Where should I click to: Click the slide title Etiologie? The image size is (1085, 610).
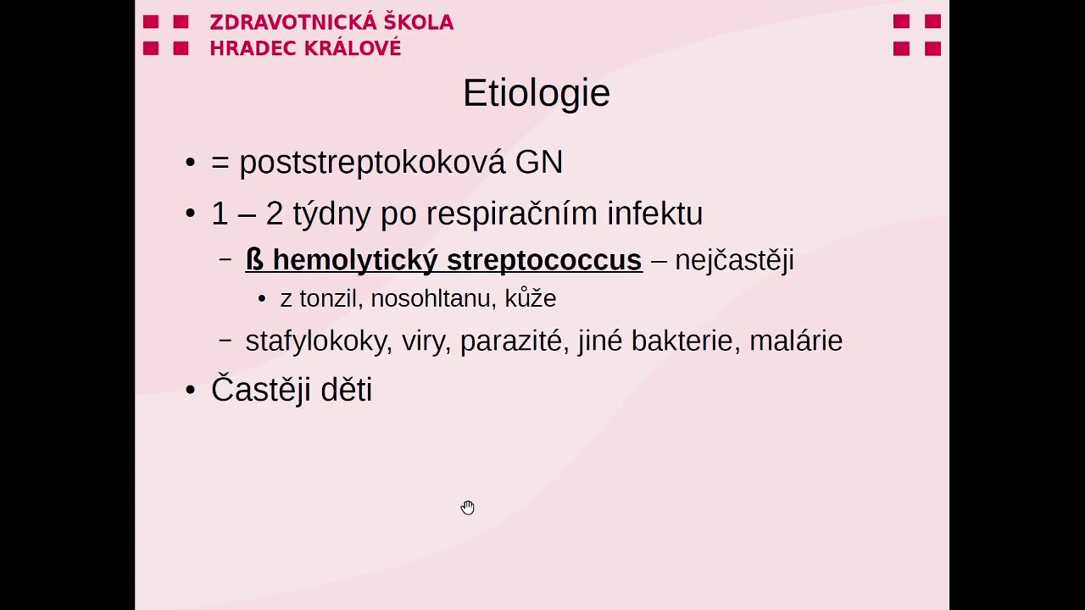[536, 93]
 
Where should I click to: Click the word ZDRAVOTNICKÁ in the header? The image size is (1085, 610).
[286, 23]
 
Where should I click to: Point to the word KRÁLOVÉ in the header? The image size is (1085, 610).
[349, 48]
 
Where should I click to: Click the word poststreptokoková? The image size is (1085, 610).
[372, 163]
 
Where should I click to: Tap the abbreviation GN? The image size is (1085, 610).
[539, 163]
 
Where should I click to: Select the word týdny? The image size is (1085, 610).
[331, 213]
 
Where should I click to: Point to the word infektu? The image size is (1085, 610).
[654, 213]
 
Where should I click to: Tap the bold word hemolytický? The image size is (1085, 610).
[354, 260]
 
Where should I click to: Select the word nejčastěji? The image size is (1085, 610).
[734, 260]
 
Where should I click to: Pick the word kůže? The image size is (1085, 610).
[531, 298]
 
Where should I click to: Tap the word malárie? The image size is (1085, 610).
[796, 341]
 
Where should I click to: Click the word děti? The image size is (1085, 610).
[345, 390]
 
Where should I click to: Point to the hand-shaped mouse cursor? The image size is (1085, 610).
[468, 507]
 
